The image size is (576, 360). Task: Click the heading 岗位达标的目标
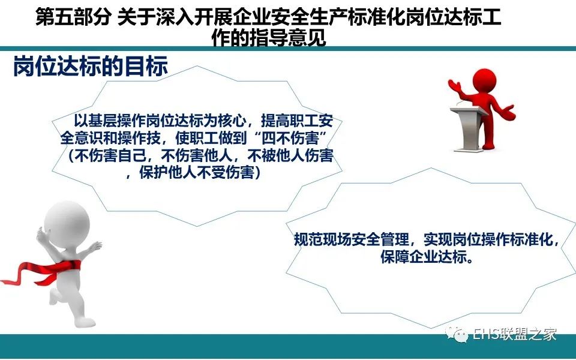pyautogui.click(x=91, y=67)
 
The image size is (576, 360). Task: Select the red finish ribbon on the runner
pyautogui.click(x=40, y=272)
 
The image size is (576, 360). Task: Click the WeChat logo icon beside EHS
pyautogui.click(x=457, y=334)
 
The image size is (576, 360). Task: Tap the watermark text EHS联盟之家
pyautogui.click(x=514, y=334)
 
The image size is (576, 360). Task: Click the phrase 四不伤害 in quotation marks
pyautogui.click(x=290, y=138)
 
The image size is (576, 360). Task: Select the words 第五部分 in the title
pyautogui.click(x=73, y=17)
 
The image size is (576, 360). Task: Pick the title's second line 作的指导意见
pyautogui.click(x=269, y=37)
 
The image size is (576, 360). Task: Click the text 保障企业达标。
pyautogui.click(x=427, y=257)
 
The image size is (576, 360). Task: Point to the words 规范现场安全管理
pyautogui.click(x=351, y=239)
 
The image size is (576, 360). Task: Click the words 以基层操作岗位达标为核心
pyautogui.click(x=160, y=121)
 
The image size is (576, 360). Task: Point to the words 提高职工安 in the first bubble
pyautogui.click(x=297, y=121)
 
